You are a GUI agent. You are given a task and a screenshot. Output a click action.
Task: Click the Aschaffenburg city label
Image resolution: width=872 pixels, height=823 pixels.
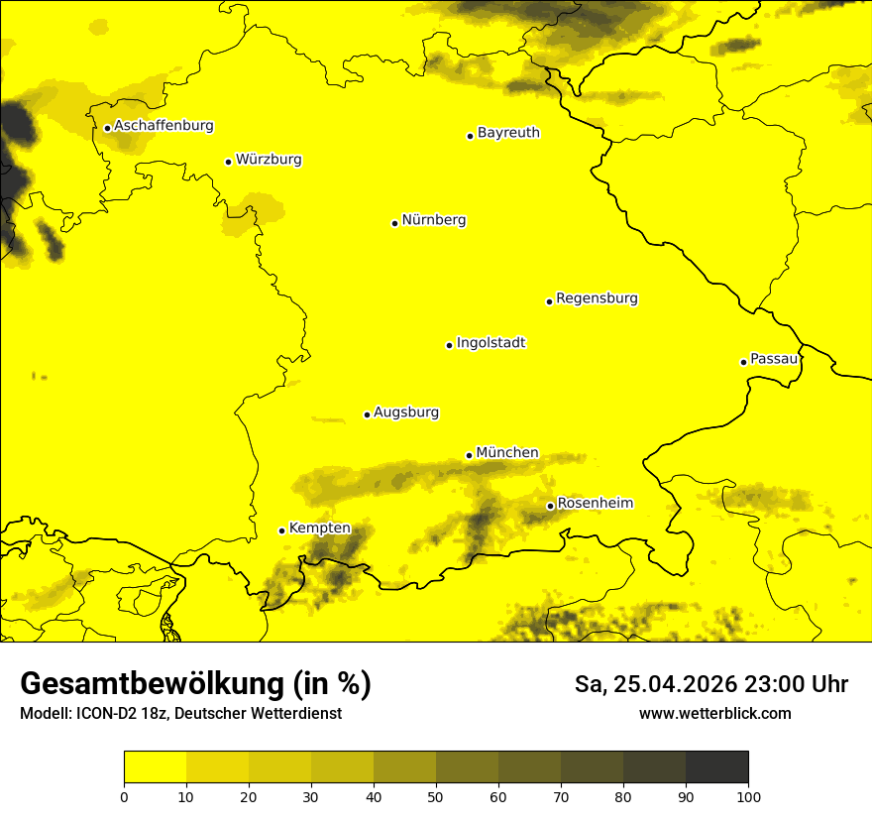[163, 126]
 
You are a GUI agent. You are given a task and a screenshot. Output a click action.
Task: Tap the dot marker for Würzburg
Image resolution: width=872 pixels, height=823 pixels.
[228, 162]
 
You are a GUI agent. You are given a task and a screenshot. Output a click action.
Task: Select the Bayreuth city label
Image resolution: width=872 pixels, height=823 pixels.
[508, 133]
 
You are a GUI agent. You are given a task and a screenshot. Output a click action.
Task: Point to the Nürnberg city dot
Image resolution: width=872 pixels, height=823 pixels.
[394, 223]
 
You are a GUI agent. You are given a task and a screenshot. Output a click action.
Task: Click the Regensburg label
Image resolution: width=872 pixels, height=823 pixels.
[597, 298]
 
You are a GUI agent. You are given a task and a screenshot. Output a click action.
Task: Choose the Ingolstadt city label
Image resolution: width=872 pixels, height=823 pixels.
[490, 343]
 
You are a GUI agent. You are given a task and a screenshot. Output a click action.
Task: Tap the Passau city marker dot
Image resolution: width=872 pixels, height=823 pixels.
[743, 362]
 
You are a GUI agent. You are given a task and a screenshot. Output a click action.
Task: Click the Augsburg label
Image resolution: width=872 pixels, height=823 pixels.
[406, 412]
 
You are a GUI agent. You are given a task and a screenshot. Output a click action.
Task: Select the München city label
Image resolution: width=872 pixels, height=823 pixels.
[507, 453]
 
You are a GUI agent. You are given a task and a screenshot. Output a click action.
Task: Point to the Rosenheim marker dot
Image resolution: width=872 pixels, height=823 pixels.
[550, 506]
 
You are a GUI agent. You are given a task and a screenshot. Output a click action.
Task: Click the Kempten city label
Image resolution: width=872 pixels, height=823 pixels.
[319, 529]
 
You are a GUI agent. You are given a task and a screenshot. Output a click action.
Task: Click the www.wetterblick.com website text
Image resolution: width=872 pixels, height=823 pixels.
[715, 713]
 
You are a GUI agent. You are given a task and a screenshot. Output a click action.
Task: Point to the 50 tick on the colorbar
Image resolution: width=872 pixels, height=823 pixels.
[436, 796]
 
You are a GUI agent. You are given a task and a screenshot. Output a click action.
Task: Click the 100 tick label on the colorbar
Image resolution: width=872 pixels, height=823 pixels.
[748, 796]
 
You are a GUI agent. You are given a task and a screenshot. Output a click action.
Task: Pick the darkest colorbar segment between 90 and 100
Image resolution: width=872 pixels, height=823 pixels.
[716, 767]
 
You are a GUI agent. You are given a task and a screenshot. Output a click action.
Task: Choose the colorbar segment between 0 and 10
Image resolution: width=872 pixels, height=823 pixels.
[155, 767]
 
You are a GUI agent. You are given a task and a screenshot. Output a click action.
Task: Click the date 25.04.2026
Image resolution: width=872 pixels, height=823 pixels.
[668, 684]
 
